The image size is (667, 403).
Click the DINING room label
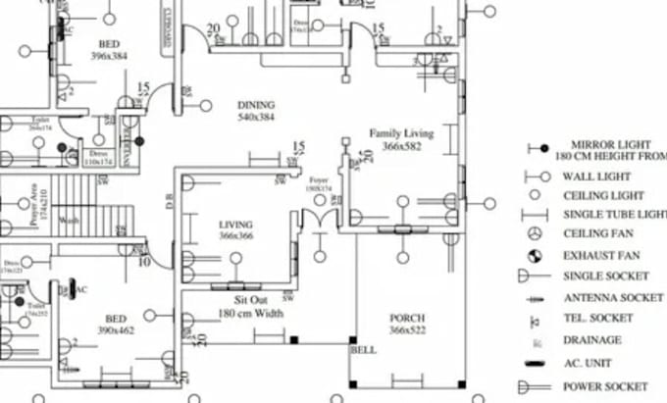click(x=256, y=105)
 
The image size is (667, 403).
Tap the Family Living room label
click(x=401, y=132)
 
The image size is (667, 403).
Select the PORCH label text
click(x=407, y=319)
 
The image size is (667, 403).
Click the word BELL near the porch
click(x=363, y=349)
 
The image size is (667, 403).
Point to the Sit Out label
click(x=251, y=300)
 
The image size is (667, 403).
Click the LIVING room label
click(x=235, y=225)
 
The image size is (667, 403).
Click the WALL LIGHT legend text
click(x=597, y=177)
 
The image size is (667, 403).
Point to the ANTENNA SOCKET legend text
click(x=614, y=297)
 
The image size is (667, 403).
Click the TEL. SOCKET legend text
click(x=597, y=319)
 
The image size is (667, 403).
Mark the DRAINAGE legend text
click(x=591, y=340)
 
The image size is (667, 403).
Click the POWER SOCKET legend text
click(x=605, y=385)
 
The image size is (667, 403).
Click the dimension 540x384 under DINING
click(x=256, y=118)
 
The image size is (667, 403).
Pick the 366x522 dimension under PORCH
click(x=407, y=331)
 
